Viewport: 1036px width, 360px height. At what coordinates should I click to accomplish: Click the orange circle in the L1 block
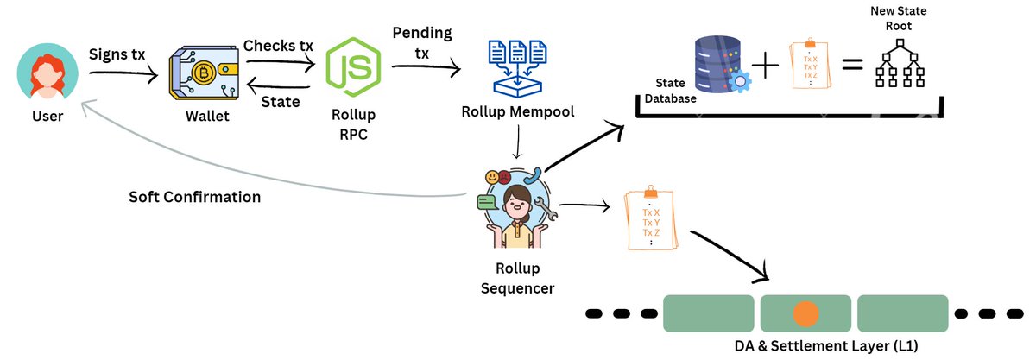pos(805,313)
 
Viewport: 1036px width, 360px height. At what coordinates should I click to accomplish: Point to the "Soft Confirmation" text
pos(195,196)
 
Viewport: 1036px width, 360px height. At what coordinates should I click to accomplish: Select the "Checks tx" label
pos(278,44)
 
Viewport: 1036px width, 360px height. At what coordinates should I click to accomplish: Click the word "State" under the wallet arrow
pos(281,102)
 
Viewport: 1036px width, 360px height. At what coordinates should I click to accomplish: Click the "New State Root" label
pos(901,18)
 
